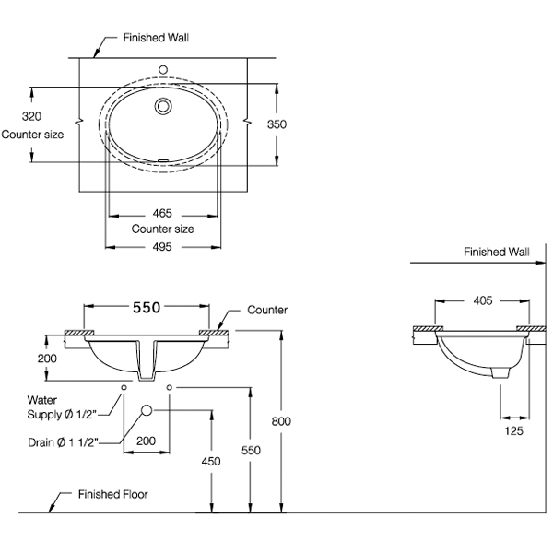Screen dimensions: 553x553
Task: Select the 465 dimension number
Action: coord(162,213)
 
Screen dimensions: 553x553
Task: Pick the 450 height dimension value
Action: coord(212,461)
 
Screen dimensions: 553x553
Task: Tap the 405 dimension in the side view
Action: coord(483,300)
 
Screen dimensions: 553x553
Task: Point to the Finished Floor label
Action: coord(112,494)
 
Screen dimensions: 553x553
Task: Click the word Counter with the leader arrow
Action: coord(267,311)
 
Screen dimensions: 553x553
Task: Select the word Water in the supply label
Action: coord(42,401)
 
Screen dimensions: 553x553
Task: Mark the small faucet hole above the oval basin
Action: coord(164,68)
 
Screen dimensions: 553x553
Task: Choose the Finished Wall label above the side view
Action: coord(498,251)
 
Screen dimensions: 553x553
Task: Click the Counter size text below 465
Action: coord(162,228)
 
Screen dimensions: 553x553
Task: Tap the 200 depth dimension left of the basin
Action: coord(49,358)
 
